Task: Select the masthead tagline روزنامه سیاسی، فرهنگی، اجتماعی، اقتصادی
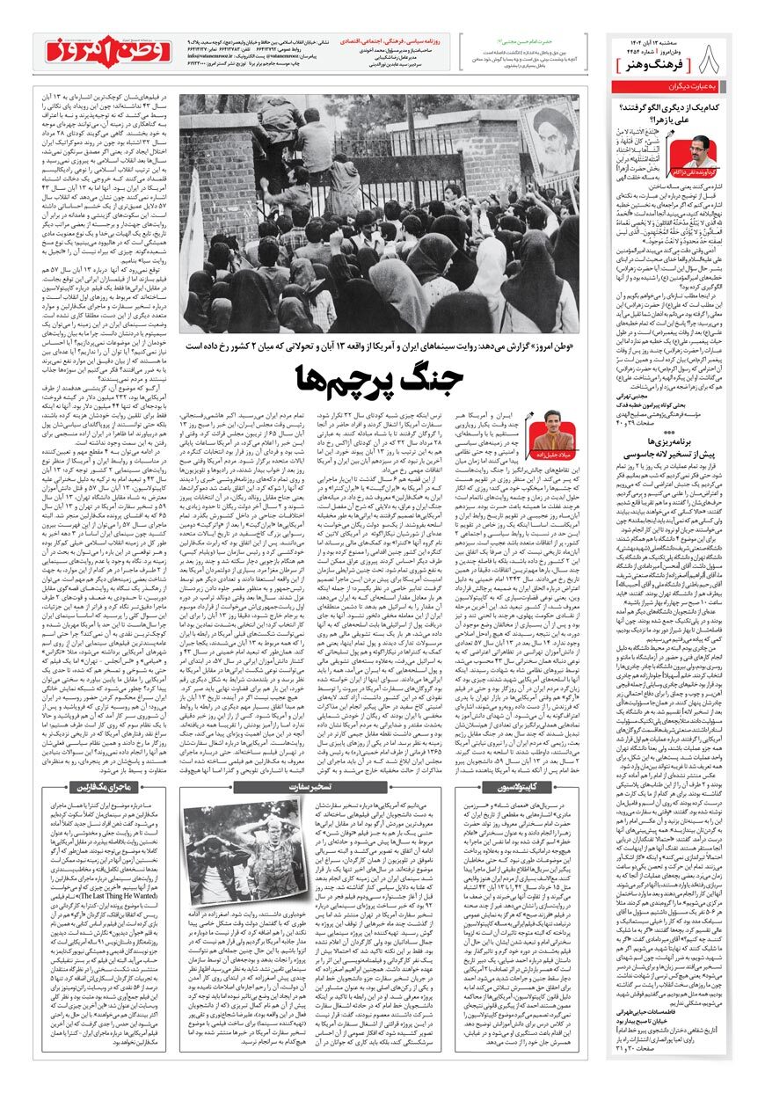[x=409, y=40]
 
